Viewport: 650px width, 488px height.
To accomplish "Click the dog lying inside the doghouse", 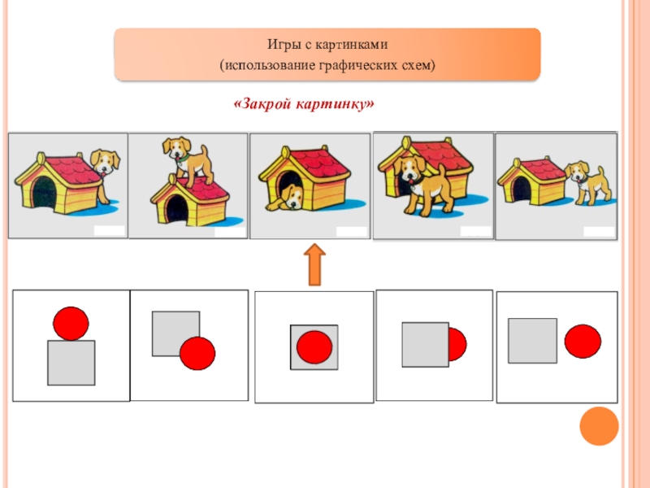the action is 288,196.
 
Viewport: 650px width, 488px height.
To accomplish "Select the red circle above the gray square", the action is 71,323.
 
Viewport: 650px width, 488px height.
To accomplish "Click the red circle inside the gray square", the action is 314,347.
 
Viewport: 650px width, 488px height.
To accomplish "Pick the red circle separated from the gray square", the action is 583,341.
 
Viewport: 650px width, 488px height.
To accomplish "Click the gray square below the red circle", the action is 71,363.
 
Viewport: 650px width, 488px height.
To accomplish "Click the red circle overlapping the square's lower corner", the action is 197,353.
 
